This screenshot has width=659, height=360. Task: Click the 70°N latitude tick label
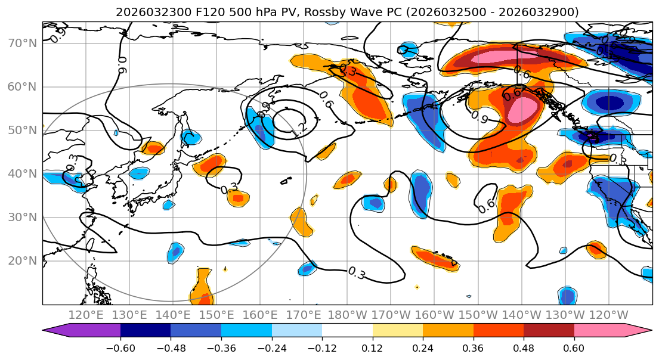[22, 44]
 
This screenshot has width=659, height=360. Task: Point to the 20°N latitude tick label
[22, 261]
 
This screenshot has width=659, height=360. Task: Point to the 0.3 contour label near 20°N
[357, 273]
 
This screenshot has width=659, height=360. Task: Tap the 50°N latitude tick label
[22, 131]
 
